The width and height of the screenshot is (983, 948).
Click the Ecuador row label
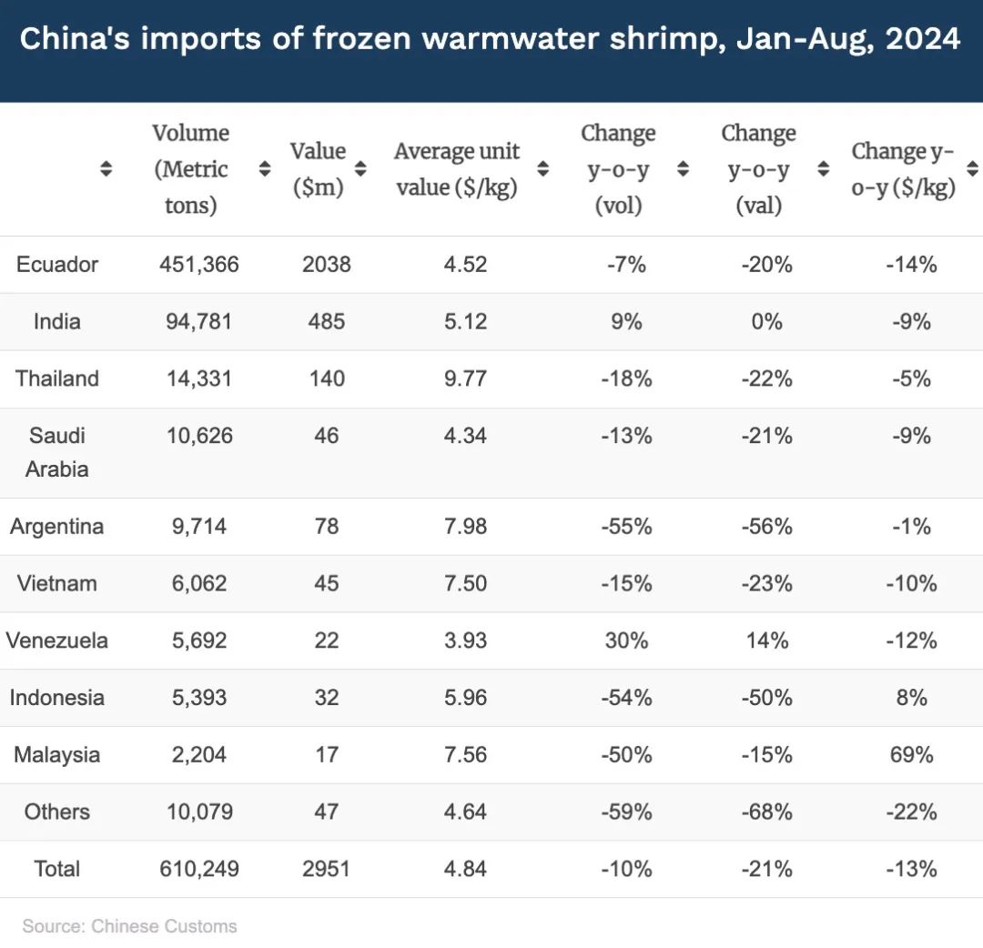point(57,265)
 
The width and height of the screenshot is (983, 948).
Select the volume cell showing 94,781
point(199,322)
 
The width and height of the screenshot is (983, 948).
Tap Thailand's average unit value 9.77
point(466,379)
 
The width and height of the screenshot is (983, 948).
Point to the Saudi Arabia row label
point(57,452)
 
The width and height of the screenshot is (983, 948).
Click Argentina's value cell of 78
point(326,527)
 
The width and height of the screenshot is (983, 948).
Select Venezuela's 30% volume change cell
point(626,641)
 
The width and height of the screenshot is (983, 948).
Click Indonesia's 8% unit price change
point(911,699)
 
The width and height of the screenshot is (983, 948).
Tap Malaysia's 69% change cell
point(911,756)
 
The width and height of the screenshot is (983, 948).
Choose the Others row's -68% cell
point(766,812)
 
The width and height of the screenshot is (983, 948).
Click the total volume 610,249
point(199,870)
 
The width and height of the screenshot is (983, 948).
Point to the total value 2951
point(326,870)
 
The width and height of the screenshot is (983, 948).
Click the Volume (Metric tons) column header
point(191,169)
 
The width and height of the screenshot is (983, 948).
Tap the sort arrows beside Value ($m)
point(360,169)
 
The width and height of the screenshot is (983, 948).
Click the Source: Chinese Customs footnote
point(129,926)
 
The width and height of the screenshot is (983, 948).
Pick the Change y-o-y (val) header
point(758,169)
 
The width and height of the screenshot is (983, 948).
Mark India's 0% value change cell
point(766,322)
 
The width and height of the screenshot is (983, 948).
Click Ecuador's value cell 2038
point(326,265)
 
